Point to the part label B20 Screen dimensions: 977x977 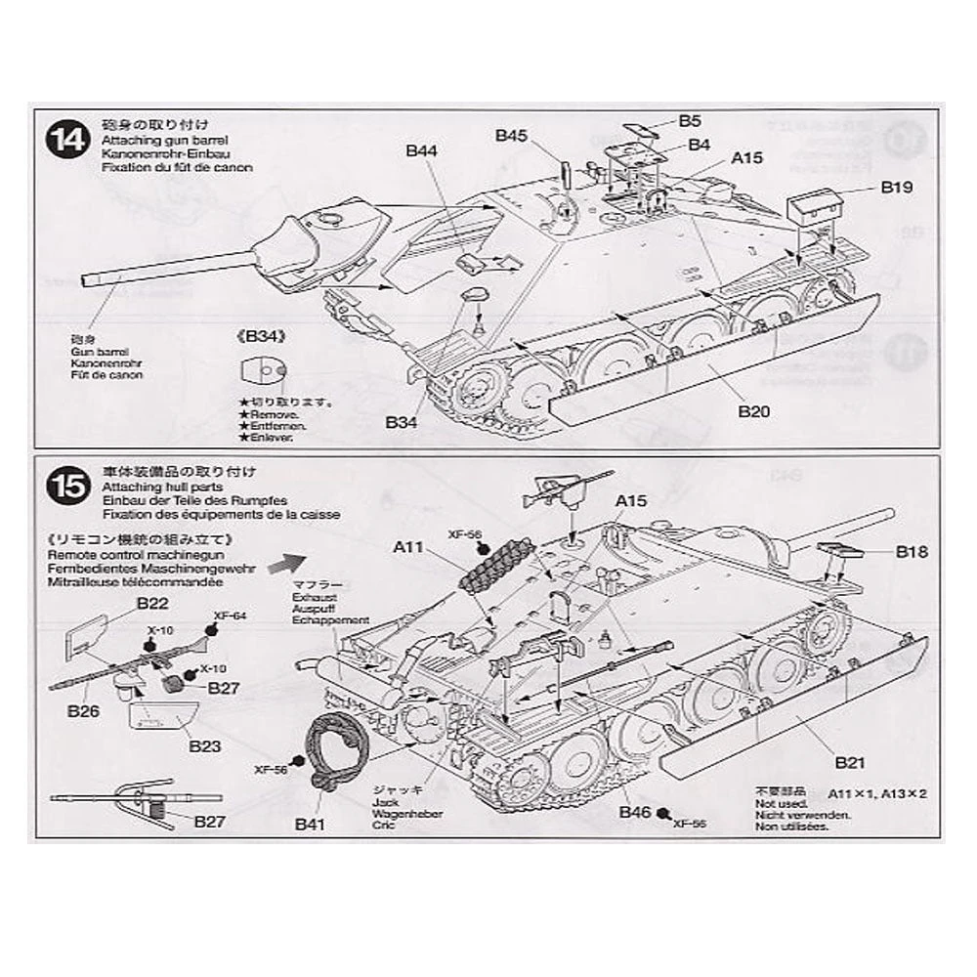pos(754,411)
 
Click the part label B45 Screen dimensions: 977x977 pos(511,136)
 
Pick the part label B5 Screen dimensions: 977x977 pos(690,122)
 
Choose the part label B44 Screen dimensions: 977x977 pos(421,150)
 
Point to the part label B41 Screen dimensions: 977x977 pos(309,824)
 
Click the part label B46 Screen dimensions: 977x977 pos(636,813)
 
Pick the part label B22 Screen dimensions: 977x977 pos(153,603)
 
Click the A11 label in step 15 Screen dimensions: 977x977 pos(408,549)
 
